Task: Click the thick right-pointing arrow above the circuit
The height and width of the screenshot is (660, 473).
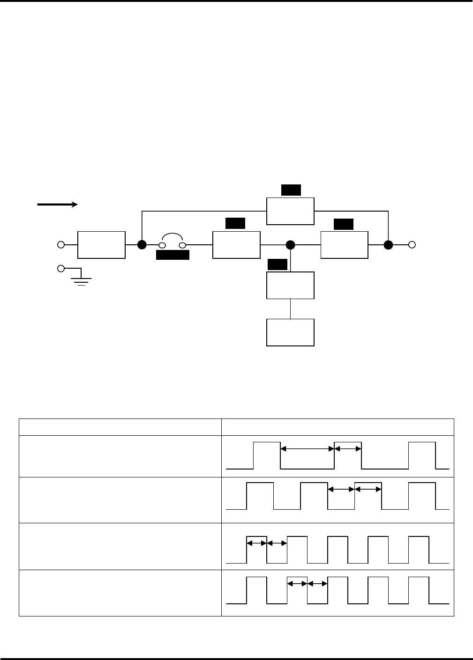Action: tap(57, 205)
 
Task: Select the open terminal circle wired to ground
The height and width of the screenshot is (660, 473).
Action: tap(60, 269)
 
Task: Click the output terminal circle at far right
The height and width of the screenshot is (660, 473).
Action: tap(412, 244)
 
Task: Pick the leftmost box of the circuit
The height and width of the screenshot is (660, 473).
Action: tap(101, 244)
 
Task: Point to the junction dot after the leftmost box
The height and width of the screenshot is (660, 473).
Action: tap(142, 244)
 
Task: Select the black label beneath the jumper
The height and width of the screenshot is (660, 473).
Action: tap(173, 255)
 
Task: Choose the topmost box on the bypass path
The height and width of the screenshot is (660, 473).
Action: tap(290, 211)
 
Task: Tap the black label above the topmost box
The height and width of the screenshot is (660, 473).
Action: tap(291, 190)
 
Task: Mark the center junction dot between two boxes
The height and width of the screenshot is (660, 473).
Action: tap(290, 244)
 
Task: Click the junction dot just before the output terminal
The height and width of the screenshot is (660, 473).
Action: tap(388, 244)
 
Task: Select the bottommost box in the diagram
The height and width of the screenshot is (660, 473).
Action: tap(290, 332)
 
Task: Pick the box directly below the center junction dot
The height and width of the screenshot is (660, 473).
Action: tap(290, 285)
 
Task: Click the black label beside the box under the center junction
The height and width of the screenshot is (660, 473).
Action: tap(277, 265)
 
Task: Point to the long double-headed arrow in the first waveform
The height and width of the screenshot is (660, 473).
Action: tap(307, 449)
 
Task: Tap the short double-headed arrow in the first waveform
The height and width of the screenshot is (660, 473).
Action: tap(348, 449)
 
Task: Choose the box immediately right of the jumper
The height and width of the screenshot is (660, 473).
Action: tap(236, 244)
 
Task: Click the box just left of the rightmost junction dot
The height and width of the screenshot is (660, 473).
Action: tap(344, 244)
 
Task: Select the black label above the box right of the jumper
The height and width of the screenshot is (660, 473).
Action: tap(235, 223)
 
